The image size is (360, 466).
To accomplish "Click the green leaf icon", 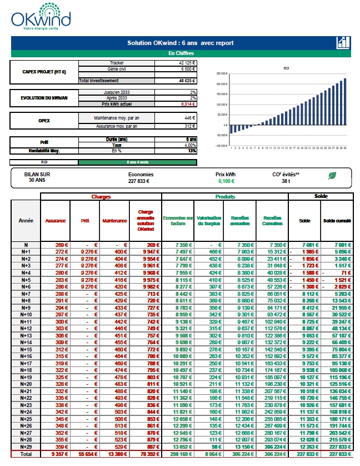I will [x=332, y=176].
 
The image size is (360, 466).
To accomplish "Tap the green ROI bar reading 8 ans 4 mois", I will [x=138, y=162].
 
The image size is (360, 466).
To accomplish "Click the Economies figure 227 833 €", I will [x=140, y=181].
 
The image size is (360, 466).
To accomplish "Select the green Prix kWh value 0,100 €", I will [x=226, y=181].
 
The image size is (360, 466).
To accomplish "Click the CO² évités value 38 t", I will [x=286, y=181].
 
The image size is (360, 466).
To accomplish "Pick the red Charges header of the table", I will [x=101, y=197].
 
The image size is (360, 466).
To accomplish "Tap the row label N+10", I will [x=26, y=314].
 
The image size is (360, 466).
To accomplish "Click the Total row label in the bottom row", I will [x=26, y=454].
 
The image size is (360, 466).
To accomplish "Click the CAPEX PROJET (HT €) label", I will [x=44, y=72].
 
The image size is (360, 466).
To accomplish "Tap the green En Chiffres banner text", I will [x=180, y=53].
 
